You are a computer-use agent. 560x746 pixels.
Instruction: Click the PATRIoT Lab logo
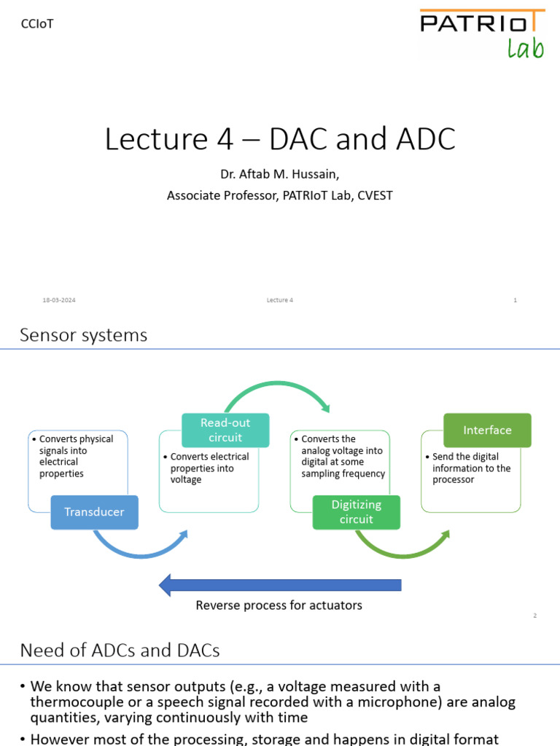[x=481, y=34]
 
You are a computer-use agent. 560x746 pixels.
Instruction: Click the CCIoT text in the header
[x=37, y=24]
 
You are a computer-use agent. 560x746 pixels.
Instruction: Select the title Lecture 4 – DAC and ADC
[x=280, y=138]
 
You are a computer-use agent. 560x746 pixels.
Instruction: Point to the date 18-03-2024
[x=60, y=300]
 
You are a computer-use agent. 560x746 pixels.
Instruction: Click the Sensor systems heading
[x=83, y=335]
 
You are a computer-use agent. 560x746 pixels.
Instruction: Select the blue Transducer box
[x=94, y=511]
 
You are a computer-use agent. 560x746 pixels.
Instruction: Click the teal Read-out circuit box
[x=225, y=430]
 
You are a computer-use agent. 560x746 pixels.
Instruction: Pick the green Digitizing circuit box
[x=357, y=511]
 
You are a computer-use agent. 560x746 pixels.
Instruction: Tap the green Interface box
[x=487, y=430]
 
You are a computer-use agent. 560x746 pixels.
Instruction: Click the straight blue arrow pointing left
[x=280, y=584]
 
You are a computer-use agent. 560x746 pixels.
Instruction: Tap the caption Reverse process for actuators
[x=279, y=605]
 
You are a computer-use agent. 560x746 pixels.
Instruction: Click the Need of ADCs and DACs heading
[x=120, y=650]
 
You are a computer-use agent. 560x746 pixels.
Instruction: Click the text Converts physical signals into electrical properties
[x=76, y=456]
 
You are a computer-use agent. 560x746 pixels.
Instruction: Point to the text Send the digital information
[x=471, y=468]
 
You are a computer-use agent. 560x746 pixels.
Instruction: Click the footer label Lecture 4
[x=280, y=300]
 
